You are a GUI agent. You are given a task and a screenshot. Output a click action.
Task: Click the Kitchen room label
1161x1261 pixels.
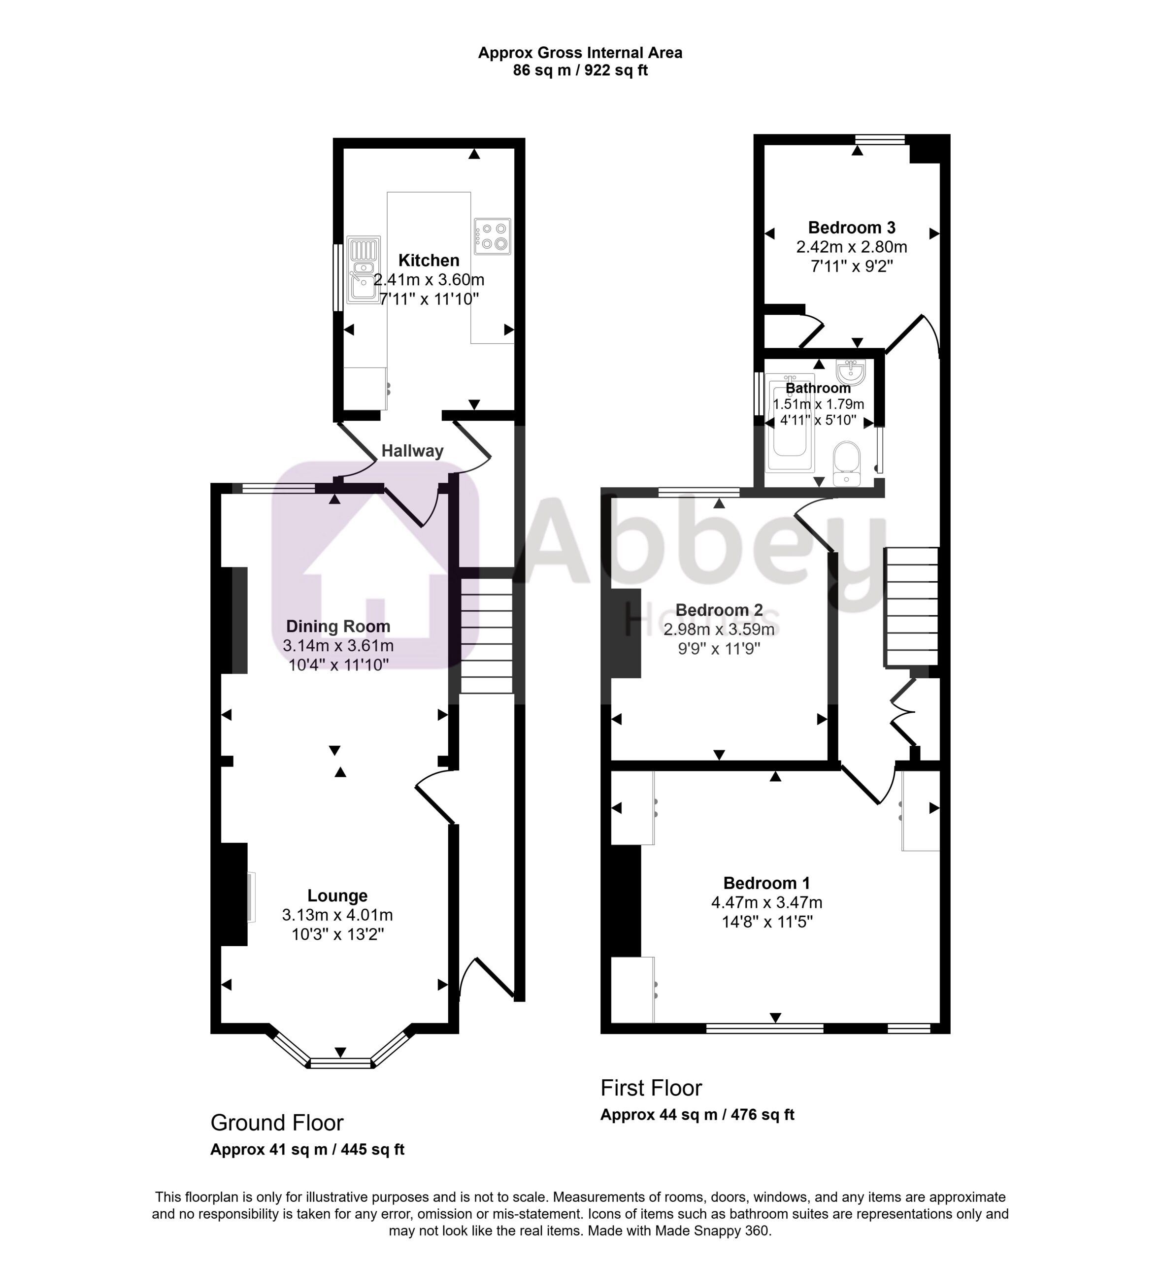coord(429,260)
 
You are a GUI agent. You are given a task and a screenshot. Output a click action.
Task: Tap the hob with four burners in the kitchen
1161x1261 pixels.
coord(493,236)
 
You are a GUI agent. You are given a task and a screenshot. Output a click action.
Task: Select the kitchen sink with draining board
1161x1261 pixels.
coord(363,268)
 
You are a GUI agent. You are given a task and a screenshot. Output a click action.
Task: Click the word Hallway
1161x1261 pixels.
coord(412,451)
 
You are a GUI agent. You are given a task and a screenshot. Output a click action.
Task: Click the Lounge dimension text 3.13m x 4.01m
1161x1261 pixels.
coord(337,915)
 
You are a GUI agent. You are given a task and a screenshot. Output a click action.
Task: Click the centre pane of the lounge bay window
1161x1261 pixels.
coord(341,1063)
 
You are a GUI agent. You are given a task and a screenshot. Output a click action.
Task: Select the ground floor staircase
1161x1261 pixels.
coord(486,635)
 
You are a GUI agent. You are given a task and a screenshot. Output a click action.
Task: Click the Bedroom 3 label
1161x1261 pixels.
coord(851,228)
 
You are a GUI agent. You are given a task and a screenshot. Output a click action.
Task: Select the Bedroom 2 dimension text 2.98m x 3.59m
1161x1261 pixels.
coord(719,629)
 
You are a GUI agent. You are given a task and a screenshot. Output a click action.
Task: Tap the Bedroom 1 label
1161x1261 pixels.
coord(766,883)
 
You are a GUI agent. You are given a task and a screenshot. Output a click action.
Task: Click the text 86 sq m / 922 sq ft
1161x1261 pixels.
coord(580,70)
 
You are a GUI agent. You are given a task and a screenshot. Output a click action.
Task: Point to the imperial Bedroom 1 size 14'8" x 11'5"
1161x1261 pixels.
coord(766,922)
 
